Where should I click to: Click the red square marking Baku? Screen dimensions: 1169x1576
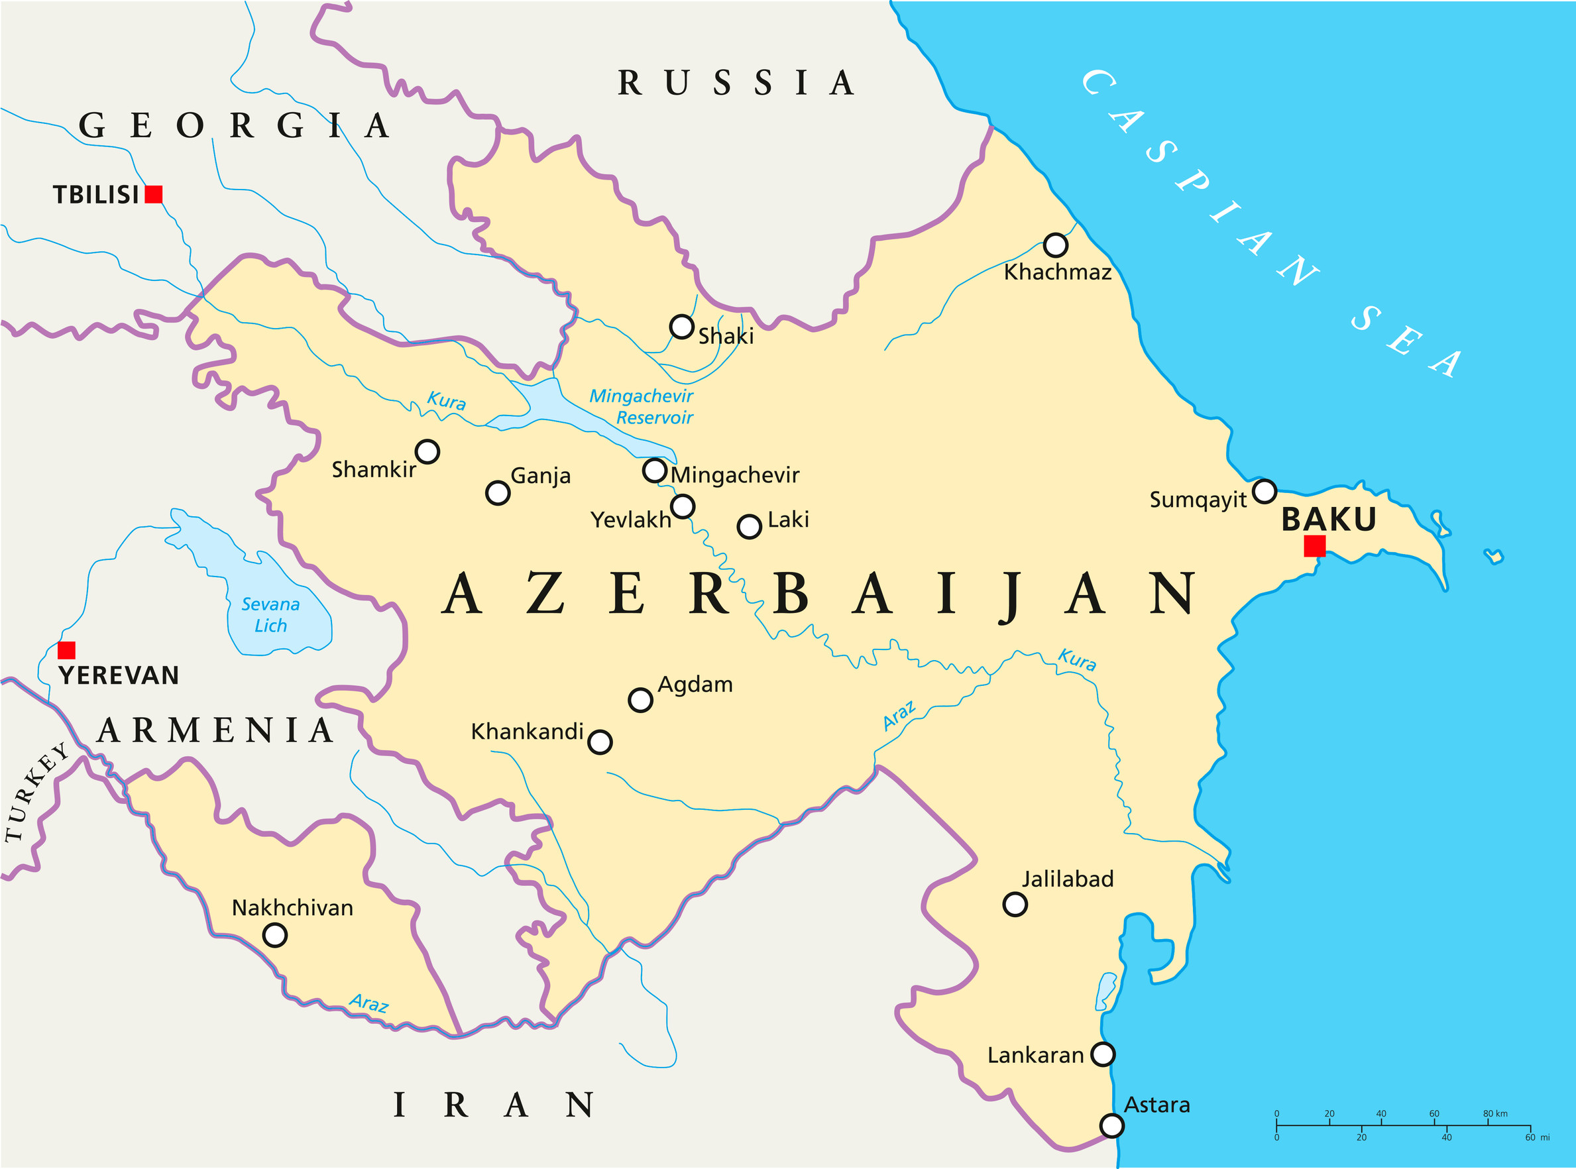point(1314,546)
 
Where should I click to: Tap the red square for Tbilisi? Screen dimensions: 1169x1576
point(154,195)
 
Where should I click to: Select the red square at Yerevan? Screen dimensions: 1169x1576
point(66,650)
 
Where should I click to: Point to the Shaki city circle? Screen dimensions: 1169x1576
point(681,327)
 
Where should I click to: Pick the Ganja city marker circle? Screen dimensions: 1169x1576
point(498,492)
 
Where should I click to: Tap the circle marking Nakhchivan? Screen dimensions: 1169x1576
point(274,936)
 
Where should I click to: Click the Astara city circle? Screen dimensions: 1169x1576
point(1112,1125)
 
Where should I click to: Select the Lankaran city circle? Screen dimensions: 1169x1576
point(1103,1054)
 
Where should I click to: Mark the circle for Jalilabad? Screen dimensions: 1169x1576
point(1015,905)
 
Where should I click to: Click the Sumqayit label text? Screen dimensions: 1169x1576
point(1198,500)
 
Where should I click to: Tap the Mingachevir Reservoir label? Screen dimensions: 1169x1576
point(642,407)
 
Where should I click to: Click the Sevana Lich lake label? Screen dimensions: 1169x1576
point(270,615)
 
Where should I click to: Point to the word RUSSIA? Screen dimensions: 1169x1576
point(736,83)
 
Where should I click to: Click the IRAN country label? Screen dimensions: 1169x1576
point(493,1105)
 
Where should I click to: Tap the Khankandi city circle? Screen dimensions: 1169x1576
point(599,742)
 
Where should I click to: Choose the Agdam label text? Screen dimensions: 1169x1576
point(695,685)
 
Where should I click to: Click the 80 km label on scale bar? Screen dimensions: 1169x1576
point(1494,1114)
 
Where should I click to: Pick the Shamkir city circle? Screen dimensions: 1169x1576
point(427,451)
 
